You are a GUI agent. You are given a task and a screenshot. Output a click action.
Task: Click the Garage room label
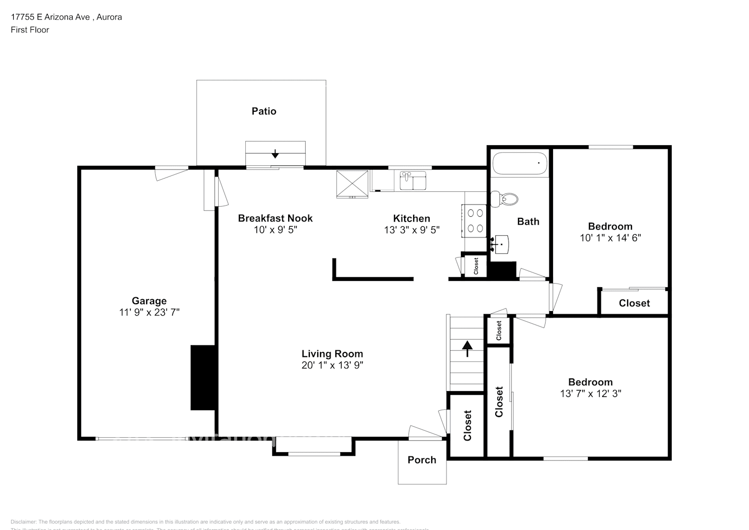tap(149, 301)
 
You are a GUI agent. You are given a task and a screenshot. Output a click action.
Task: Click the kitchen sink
tap(413, 180)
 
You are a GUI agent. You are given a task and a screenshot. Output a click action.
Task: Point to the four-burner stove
tap(475, 220)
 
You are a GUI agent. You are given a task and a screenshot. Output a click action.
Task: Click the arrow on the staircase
tap(467, 348)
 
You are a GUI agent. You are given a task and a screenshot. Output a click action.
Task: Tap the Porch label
tap(422, 460)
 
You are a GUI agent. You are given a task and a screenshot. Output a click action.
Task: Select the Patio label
tap(264, 111)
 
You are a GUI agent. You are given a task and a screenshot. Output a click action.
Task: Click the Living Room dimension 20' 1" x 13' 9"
tap(332, 365)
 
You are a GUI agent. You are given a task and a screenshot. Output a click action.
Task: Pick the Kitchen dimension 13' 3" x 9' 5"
tap(412, 230)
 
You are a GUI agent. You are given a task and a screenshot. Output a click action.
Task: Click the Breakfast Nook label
tap(275, 218)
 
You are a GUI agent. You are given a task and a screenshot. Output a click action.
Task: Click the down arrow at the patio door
tap(275, 154)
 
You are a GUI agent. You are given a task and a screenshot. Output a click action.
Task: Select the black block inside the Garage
tap(203, 377)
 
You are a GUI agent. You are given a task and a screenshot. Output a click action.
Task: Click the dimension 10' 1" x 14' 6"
tap(610, 238)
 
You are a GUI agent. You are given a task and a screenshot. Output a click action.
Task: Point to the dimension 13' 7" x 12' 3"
tap(590, 394)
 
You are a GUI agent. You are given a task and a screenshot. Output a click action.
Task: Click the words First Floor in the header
tap(30, 30)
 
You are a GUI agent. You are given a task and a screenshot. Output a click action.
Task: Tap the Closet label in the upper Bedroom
tap(634, 303)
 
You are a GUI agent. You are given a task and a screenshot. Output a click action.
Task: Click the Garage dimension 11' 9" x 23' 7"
tap(149, 313)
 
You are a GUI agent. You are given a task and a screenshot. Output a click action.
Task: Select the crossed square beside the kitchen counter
tap(352, 183)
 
